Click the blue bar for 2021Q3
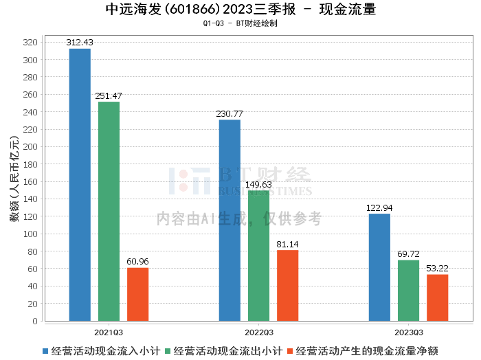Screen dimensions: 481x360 [80, 185]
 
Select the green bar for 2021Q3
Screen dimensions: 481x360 [109, 212]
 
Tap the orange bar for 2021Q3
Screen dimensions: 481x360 [137, 294]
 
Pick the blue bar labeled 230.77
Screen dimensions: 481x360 [230, 221]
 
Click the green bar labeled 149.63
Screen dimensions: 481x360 [258, 256]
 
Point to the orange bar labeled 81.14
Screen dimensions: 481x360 [287, 286]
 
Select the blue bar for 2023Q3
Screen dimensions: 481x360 [379, 267]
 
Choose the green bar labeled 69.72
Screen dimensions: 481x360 [408, 291]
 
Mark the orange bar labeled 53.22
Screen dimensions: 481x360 [438, 297]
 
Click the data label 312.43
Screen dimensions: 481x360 [80, 43]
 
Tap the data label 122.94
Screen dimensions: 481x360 [379, 208]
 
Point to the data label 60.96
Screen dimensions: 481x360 [137, 262]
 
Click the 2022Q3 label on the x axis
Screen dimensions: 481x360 [259, 333]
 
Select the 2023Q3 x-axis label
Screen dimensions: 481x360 [409, 333]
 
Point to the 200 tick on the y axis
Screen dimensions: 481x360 [30, 147]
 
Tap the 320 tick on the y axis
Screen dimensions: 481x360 [30, 43]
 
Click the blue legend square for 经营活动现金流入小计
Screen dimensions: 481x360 [45, 351]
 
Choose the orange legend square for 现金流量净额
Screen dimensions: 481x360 [290, 351]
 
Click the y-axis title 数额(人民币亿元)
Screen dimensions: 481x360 [14, 179]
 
